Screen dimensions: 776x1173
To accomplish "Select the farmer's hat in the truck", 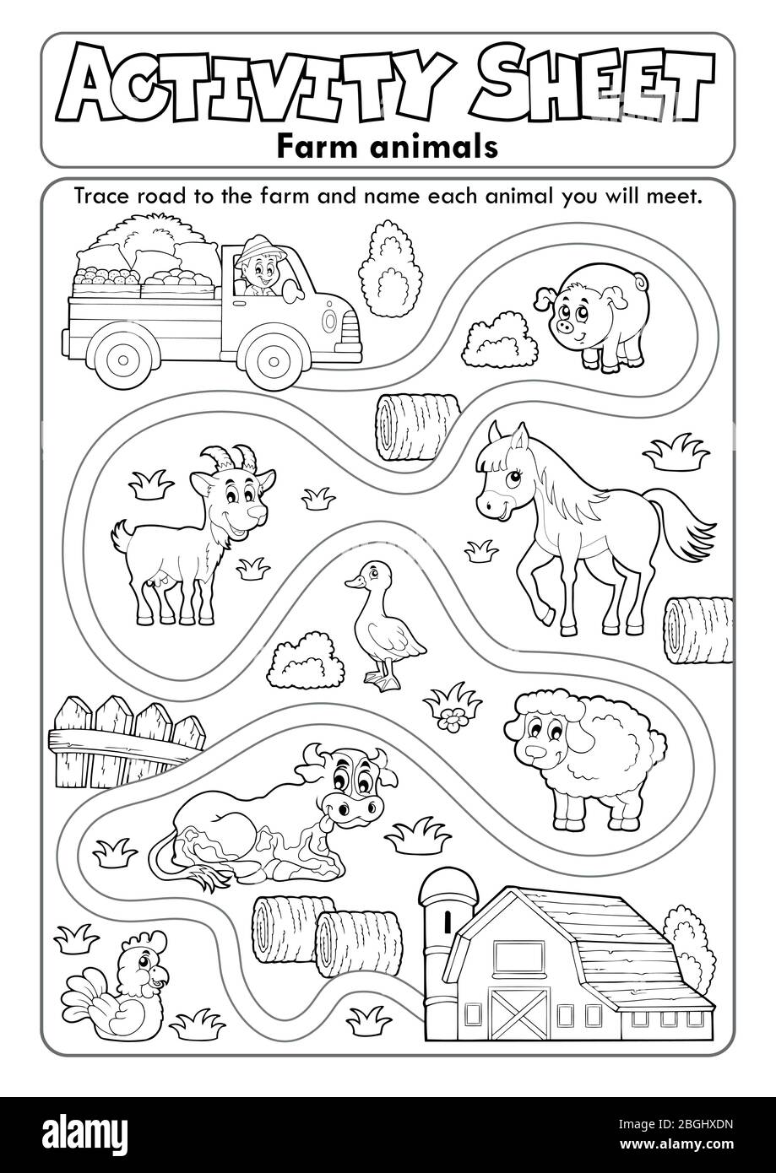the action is pos(260,250).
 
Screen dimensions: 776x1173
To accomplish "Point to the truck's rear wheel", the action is pos(123,359).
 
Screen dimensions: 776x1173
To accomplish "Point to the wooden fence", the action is pos(127,742).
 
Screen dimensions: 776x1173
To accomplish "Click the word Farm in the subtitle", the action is pos(319,147).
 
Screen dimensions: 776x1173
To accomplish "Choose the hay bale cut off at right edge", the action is pos(699,630).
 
